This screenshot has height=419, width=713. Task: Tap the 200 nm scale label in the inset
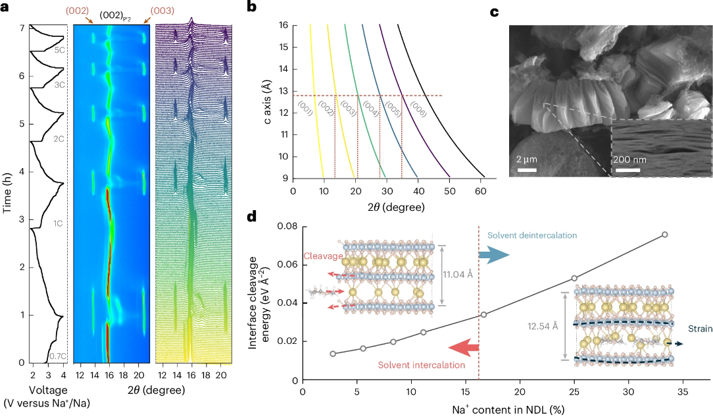point(628,160)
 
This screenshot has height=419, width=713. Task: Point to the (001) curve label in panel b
point(306,109)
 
